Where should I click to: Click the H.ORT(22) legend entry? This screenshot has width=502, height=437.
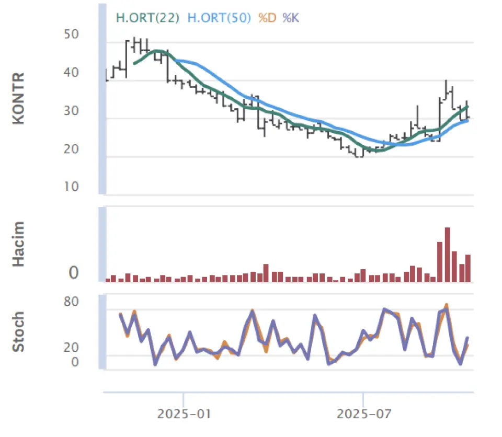[147, 18]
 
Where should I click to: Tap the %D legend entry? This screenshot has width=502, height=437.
[267, 18]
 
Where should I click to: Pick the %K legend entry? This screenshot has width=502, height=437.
[291, 18]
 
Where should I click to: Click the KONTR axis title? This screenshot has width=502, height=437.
[19, 99]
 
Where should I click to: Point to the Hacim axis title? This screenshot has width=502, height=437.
[19, 244]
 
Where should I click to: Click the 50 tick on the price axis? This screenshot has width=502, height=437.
[71, 34]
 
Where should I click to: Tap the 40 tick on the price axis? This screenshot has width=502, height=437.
[71, 73]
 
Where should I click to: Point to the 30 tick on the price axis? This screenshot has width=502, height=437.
[71, 111]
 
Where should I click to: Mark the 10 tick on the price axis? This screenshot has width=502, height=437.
[71, 187]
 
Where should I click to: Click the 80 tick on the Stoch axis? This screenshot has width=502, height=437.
[71, 302]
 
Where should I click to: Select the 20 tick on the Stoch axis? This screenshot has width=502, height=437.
[71, 348]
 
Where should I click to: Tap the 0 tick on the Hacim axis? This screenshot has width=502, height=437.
[74, 273]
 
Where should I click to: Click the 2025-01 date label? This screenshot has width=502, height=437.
[184, 415]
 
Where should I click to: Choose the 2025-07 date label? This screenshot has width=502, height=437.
[363, 415]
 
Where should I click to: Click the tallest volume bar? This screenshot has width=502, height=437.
[447, 255]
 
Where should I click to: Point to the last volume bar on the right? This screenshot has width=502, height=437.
[468, 268]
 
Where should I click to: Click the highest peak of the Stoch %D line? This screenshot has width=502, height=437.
[447, 305]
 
